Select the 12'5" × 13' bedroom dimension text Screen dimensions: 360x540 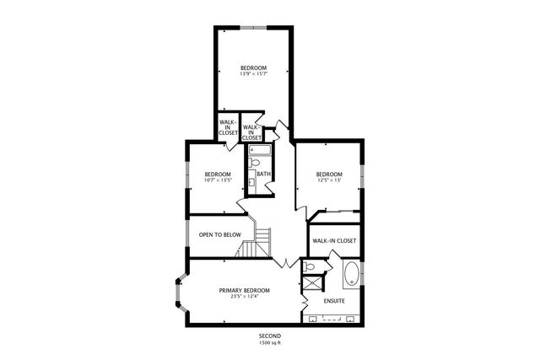[328, 179]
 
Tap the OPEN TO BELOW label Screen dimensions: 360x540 [219, 234]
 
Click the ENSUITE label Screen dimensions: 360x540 [334, 301]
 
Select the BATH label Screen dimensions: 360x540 [264, 175]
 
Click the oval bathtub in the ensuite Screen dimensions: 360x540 [350, 275]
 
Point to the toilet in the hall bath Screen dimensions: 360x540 [253, 164]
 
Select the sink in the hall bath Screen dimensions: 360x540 [251, 181]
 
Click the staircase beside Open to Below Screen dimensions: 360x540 [256, 244]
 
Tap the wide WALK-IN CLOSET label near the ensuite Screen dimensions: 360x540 [334, 240]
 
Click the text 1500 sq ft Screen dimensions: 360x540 [270, 343]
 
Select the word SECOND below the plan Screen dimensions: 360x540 [270, 336]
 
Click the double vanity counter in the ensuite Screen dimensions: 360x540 [333, 320]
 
